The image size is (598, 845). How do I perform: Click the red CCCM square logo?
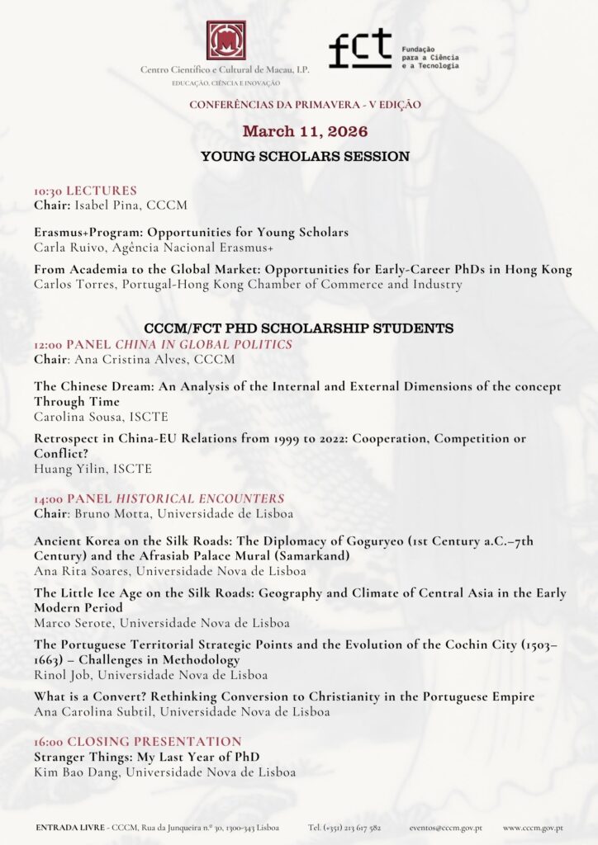(x=225, y=40)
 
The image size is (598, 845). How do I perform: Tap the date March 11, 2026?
(x=305, y=131)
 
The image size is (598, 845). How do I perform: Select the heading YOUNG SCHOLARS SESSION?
(x=305, y=156)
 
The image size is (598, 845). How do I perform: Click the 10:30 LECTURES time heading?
(x=85, y=191)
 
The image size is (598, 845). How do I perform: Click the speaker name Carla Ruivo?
(x=69, y=247)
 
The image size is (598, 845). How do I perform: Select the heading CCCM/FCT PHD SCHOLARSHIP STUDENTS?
(x=298, y=328)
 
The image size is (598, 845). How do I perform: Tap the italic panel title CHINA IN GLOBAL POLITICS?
(x=203, y=344)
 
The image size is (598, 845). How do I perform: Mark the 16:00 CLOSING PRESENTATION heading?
(x=138, y=742)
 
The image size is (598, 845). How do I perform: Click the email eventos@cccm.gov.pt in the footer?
(x=446, y=827)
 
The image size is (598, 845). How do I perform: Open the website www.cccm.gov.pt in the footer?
(x=533, y=827)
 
